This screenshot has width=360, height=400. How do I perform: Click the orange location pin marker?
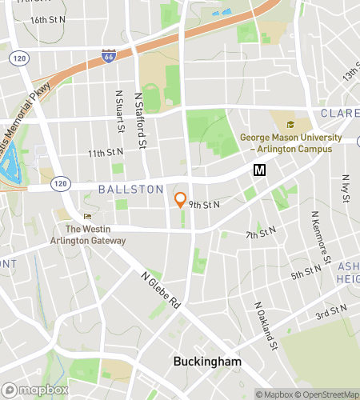point(181,199)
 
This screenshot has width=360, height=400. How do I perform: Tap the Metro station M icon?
point(258,170)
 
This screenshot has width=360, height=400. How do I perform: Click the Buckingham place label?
point(207,362)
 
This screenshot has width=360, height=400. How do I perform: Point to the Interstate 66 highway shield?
point(108,56)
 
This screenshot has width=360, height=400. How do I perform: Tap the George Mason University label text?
point(290,143)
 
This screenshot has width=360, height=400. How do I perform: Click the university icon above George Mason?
point(290,124)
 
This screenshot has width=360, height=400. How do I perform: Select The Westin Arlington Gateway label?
point(95,234)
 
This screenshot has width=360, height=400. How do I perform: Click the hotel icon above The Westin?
point(88,216)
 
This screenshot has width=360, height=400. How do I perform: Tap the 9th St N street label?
point(204,205)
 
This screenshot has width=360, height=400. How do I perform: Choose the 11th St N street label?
point(106,152)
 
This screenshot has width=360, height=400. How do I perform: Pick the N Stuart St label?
point(119,111)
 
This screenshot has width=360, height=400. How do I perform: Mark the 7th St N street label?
point(261,234)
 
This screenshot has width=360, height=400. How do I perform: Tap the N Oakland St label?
point(266,326)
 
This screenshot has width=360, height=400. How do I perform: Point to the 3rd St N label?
point(330,310)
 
